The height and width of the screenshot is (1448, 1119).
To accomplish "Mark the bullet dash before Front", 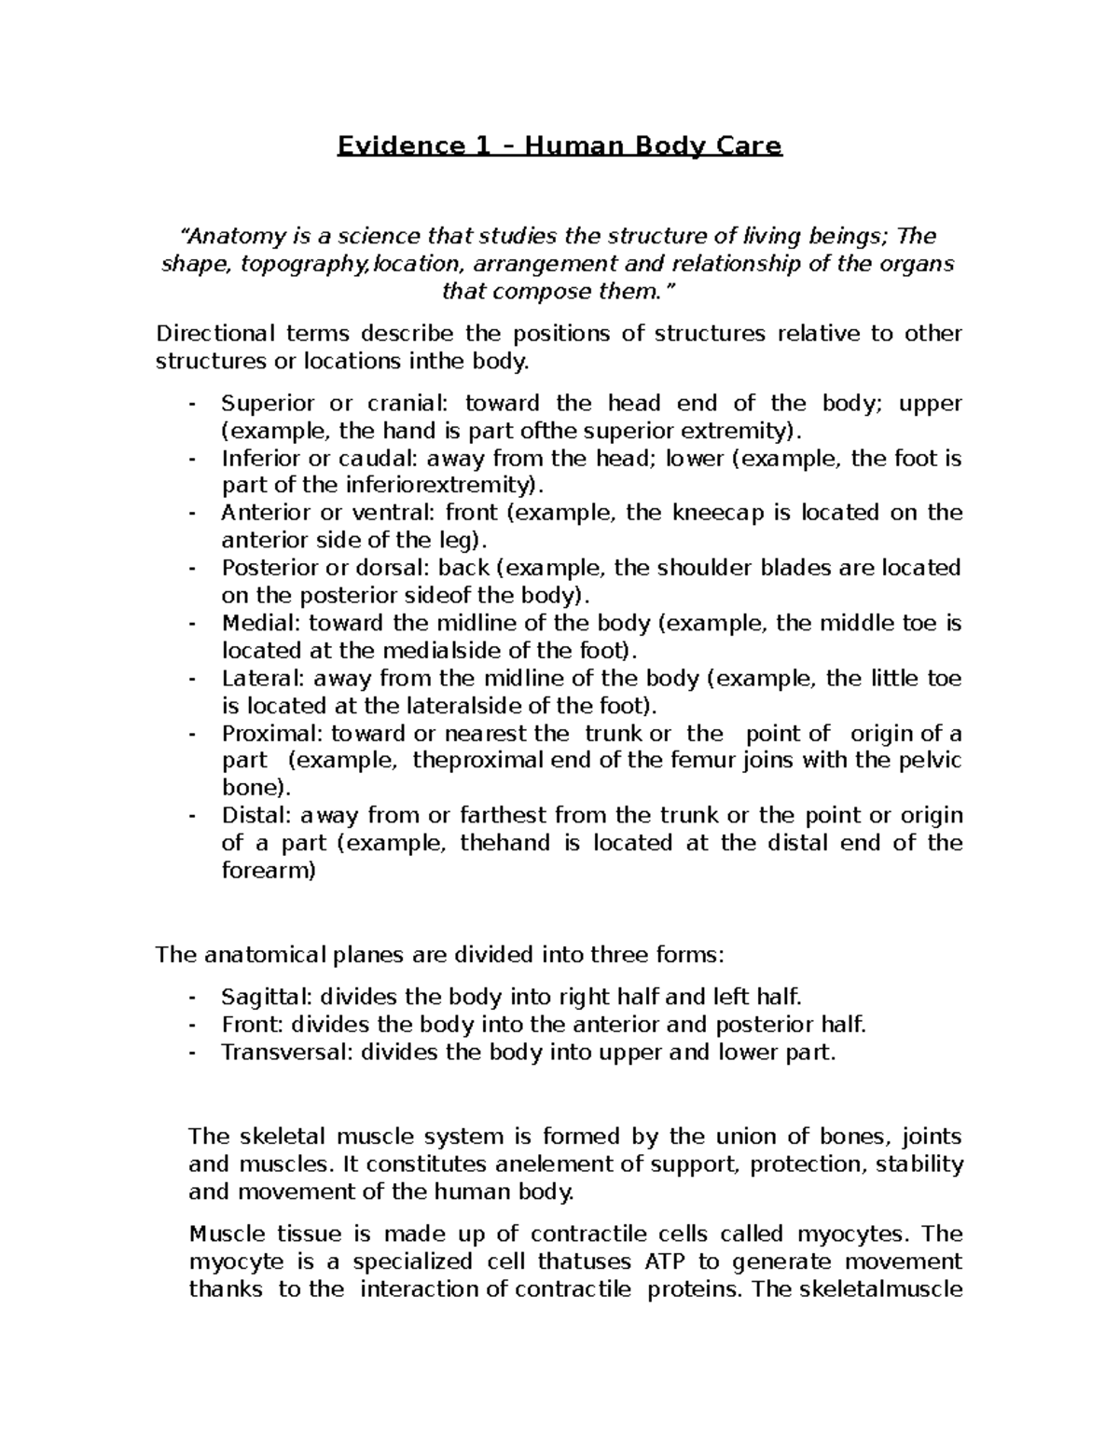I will [x=192, y=1025].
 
